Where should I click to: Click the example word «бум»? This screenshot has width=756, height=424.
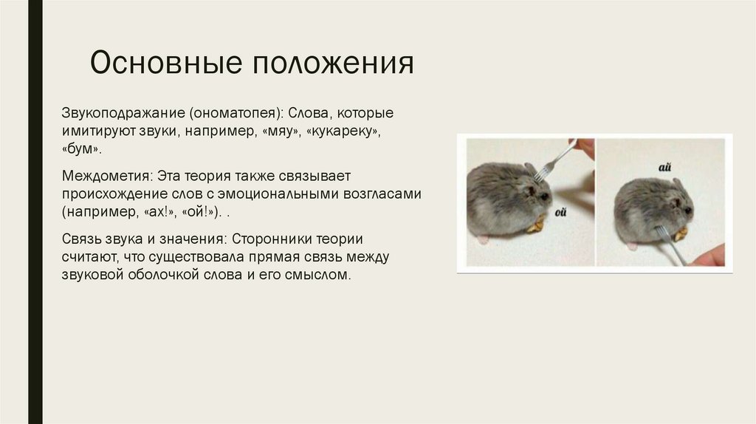[x=80, y=149]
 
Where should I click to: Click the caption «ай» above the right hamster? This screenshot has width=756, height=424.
[x=664, y=168]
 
